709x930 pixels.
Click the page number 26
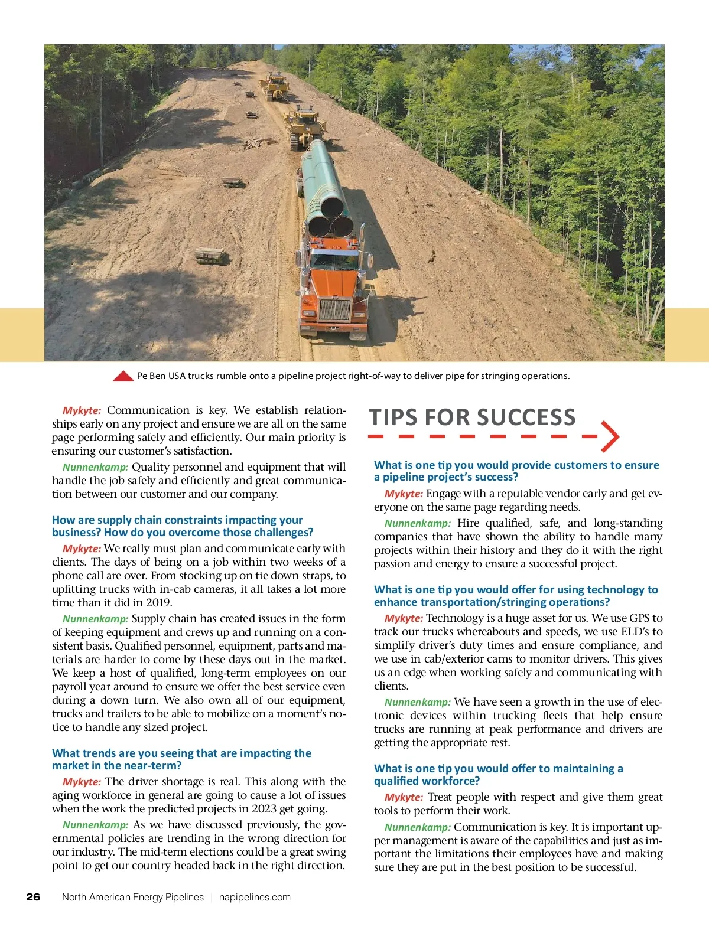tap(33, 897)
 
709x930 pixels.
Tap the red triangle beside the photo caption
tap(123, 376)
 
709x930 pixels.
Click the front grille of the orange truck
tap(334, 309)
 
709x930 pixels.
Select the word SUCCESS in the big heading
tap(526, 417)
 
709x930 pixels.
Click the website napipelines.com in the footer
tap(255, 897)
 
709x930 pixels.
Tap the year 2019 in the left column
tap(159, 603)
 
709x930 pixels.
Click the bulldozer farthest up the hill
tap(274, 86)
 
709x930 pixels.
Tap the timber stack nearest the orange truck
tap(212, 256)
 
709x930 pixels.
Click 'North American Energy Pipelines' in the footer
tap(133, 897)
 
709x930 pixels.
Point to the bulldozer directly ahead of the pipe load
tap(304, 125)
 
